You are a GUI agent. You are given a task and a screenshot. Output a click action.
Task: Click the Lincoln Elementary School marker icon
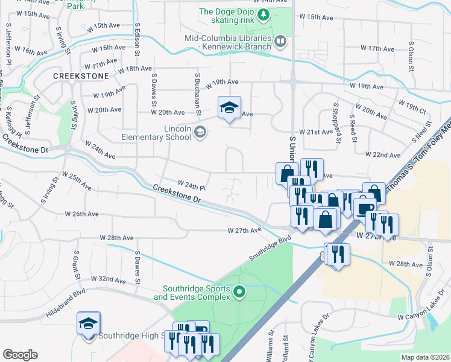click(x=201, y=132)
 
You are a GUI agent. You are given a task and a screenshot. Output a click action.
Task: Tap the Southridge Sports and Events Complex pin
click(x=239, y=293)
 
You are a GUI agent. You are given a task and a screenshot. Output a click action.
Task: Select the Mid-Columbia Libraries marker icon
click(x=280, y=42)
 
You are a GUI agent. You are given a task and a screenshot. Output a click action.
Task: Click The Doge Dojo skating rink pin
click(x=263, y=14)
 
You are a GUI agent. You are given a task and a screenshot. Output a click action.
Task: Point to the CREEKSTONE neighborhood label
click(x=81, y=76)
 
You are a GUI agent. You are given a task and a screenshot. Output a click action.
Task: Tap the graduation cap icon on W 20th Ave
click(x=229, y=107)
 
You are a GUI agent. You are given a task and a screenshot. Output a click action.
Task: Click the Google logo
click(x=20, y=355)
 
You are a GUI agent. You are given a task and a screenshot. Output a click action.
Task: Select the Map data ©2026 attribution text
click(x=424, y=357)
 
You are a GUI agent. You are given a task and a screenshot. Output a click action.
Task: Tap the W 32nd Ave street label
click(x=109, y=279)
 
